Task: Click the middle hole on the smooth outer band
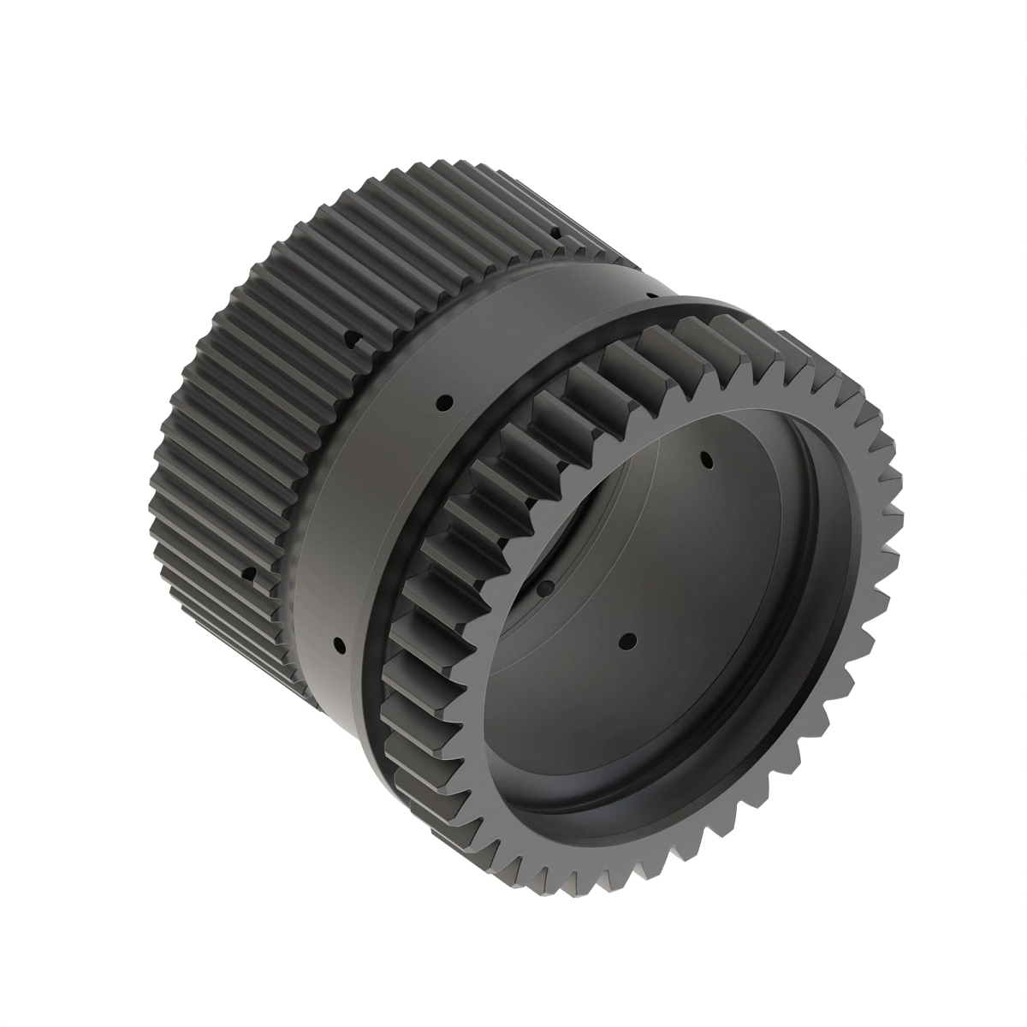(444, 401)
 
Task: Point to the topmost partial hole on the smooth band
(652, 296)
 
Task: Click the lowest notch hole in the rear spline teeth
(247, 573)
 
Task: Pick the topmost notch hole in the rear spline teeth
(556, 231)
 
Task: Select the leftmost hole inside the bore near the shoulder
(543, 586)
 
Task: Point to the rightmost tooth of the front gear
(897, 513)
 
